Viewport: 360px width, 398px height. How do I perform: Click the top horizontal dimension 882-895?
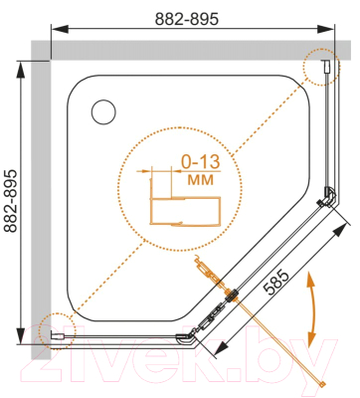coord(187,19)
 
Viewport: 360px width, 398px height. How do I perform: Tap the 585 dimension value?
coord(275,283)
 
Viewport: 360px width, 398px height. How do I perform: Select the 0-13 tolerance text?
coord(201,162)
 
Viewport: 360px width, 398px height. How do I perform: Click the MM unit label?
coord(201,180)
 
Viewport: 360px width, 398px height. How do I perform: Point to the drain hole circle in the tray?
coord(103,112)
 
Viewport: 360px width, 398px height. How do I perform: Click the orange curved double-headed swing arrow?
coord(311,309)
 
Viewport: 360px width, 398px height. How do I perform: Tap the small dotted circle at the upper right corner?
coord(321,67)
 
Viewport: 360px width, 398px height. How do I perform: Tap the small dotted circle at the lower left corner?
coord(57,331)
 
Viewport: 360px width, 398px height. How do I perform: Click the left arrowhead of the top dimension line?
coord(59,29)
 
